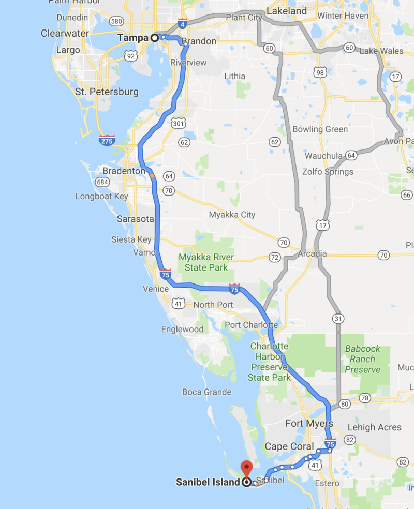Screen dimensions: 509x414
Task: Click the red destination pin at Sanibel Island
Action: click(247, 468)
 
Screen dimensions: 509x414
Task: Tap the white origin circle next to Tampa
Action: click(154, 38)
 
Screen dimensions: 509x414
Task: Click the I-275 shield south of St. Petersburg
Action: click(107, 140)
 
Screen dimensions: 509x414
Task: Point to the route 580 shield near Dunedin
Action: click(116, 21)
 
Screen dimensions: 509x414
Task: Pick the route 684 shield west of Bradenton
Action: click(102, 182)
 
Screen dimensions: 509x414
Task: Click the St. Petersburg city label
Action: click(107, 92)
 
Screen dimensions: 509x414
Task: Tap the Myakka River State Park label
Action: click(206, 262)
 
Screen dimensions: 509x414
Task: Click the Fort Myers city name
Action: click(309, 424)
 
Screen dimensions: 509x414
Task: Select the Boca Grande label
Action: click(206, 392)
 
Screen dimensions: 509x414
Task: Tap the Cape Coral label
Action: click(289, 446)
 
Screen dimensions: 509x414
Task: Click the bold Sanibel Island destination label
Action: click(208, 482)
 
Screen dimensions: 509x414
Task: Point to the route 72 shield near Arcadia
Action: click(274, 257)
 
